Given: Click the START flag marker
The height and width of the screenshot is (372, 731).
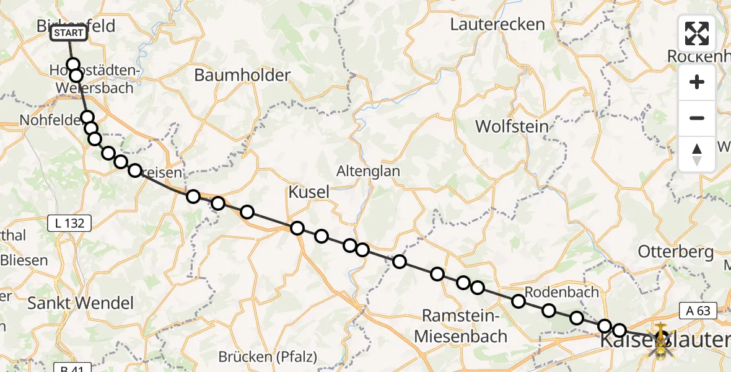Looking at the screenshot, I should [x=68, y=33].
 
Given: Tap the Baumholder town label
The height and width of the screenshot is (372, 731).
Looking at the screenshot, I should [x=242, y=76].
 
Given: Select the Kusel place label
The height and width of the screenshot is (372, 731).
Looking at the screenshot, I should [x=309, y=192].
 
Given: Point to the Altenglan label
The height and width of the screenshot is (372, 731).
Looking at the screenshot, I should [x=368, y=171].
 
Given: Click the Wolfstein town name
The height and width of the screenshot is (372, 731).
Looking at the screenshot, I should [x=512, y=126].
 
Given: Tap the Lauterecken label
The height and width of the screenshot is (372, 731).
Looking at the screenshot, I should [x=497, y=25].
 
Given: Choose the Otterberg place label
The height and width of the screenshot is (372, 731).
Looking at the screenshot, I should [x=676, y=252].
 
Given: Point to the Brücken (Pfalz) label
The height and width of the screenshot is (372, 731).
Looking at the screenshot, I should [x=268, y=357].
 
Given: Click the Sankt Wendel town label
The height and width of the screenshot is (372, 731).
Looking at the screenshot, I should [x=81, y=303].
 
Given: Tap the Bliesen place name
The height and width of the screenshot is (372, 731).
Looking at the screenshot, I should [x=25, y=260].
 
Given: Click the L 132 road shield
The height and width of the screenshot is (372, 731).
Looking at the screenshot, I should [x=69, y=223].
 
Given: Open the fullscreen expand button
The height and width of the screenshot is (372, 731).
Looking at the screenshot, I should [x=697, y=33].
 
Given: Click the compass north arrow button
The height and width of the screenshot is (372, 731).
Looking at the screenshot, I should [x=697, y=154].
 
